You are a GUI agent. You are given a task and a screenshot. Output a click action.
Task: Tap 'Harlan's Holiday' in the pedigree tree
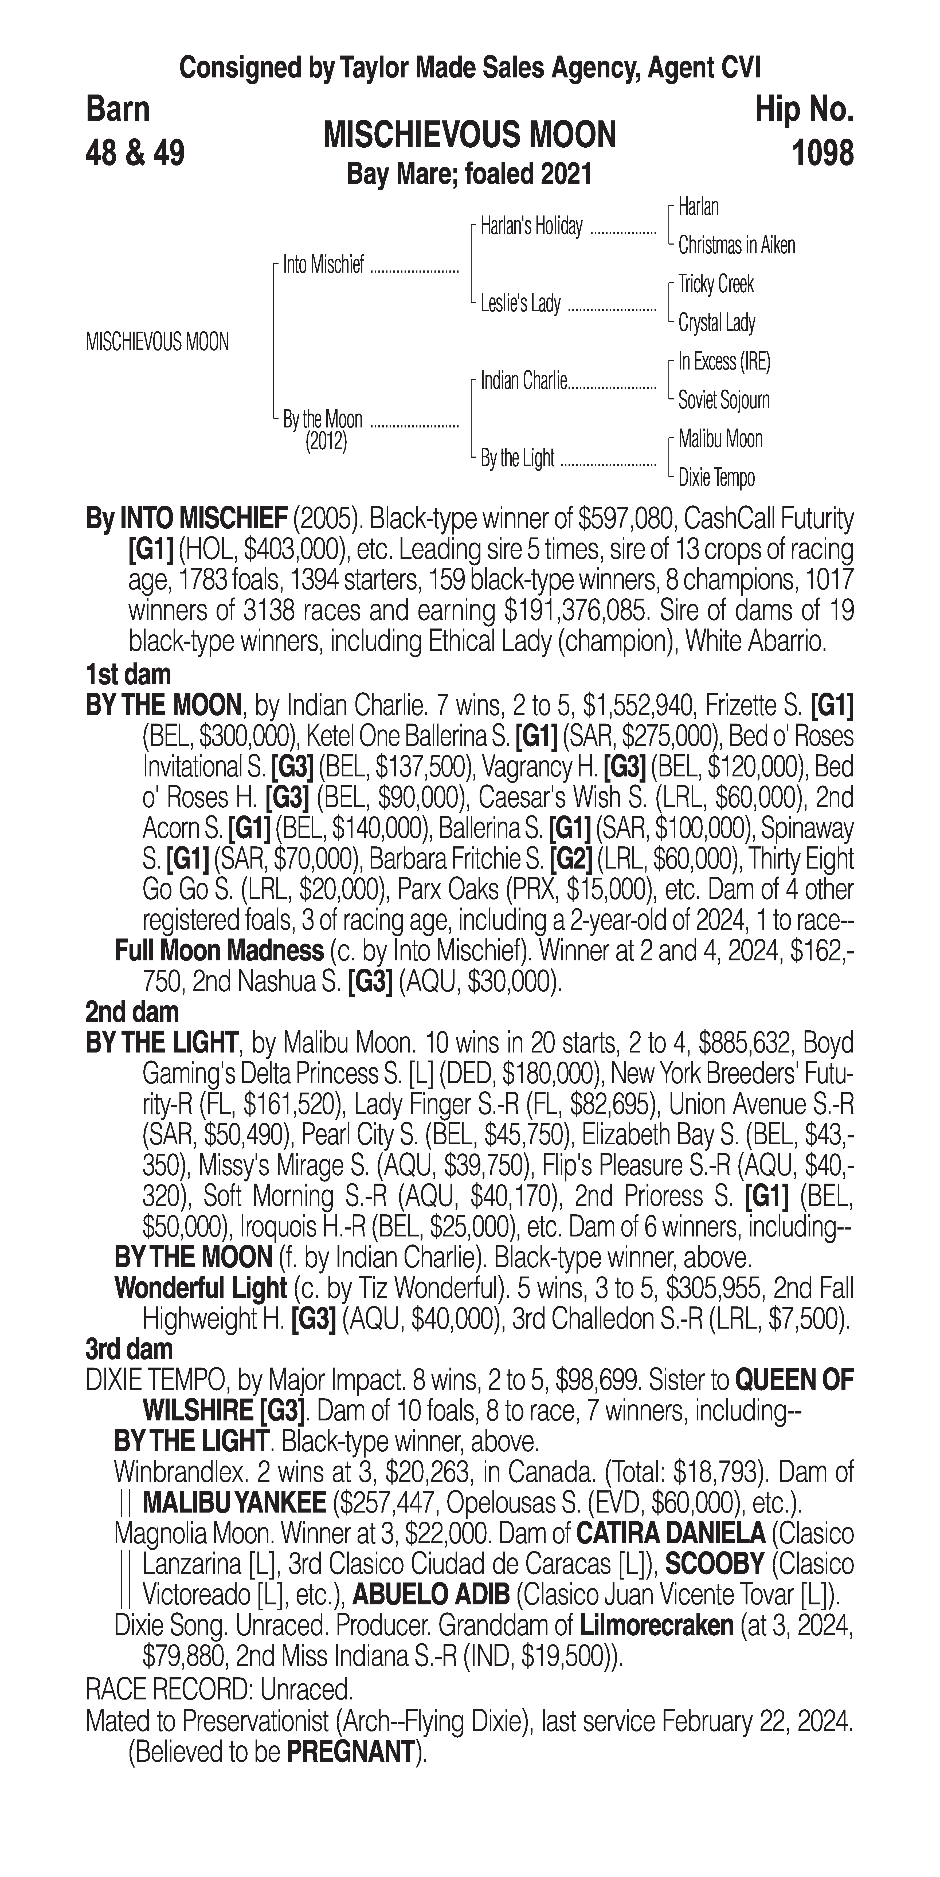[x=531, y=227]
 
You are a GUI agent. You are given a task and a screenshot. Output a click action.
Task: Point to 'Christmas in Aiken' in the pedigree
[x=736, y=246]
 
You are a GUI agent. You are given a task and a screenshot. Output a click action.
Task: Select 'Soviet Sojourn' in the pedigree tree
[x=724, y=400]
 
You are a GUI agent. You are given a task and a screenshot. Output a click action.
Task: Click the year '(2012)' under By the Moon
[x=326, y=442]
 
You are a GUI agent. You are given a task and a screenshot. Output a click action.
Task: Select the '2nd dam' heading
[x=132, y=1012]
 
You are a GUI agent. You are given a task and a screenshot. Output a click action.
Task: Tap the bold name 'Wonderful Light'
[x=200, y=1288]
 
